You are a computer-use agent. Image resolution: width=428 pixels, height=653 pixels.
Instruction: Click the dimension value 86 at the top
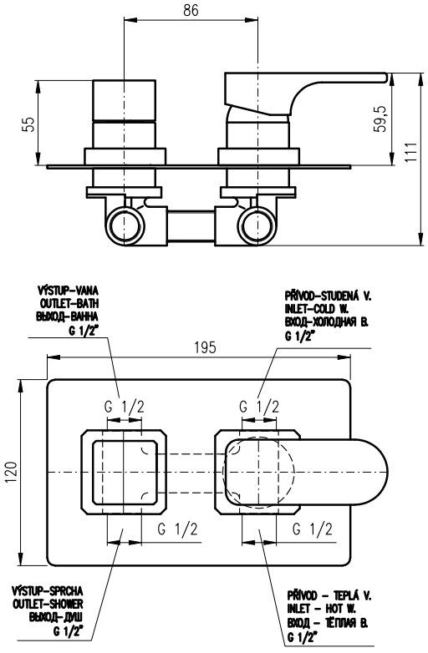pos(191,10)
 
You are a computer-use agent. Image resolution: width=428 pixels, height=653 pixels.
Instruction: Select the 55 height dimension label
pos(28,124)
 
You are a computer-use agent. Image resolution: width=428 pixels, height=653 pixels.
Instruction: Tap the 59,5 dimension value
pos(380,119)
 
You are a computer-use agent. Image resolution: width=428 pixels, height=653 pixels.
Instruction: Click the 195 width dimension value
pos(205,347)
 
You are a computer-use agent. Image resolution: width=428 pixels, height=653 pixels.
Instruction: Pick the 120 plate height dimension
pos(12,473)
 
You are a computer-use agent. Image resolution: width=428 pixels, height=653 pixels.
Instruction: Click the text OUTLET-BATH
pos(69,303)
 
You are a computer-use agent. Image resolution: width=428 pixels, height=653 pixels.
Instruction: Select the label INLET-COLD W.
pos(317,309)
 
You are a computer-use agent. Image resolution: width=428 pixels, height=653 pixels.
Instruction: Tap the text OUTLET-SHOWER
pos(48,604)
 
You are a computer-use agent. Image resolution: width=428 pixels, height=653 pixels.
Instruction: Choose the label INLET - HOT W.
pos(321,609)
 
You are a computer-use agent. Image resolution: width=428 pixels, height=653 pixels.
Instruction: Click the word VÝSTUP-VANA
pos(69,290)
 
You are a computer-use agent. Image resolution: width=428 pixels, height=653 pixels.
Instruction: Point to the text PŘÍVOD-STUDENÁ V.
pos(328,296)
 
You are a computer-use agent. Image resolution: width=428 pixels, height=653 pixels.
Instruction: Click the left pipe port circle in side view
pos(125,225)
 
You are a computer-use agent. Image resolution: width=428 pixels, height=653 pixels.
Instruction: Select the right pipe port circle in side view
pos(257,225)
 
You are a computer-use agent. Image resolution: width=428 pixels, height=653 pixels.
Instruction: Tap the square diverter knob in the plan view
pos(125,472)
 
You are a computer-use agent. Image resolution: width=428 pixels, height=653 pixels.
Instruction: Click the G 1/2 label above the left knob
pos(125,406)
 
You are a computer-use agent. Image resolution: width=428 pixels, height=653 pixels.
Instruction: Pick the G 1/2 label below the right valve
pos(312,529)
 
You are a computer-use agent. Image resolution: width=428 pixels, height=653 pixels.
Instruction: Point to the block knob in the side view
pos(125,101)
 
